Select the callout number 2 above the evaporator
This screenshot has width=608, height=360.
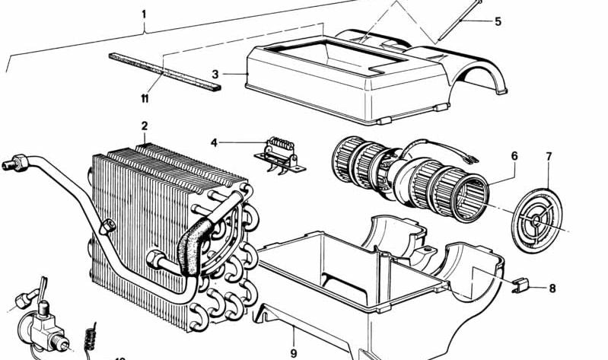coord(144,126)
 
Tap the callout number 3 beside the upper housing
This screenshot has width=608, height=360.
coord(215,74)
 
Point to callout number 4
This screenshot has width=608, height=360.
coord(215,142)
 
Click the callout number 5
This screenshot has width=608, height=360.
coord(498,21)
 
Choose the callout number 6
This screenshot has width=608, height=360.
coord(514,156)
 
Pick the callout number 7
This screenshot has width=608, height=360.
coord(549,157)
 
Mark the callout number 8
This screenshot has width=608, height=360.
coord(552,288)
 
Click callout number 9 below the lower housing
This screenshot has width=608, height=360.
coord(292,353)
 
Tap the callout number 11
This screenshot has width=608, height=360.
coord(144,98)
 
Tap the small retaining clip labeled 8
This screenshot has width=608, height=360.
coord(518,287)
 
